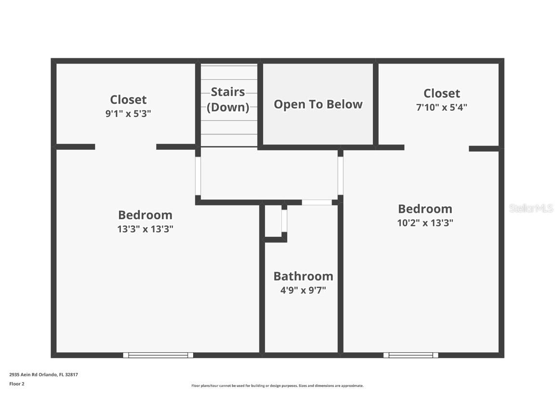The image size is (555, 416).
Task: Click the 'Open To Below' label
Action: click(318, 104)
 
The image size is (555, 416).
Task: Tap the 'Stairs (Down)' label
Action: click(228, 99)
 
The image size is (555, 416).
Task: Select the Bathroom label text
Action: click(304, 276)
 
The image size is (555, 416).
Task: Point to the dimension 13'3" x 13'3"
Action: click(145, 229)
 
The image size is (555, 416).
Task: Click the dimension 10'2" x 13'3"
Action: click(425, 222)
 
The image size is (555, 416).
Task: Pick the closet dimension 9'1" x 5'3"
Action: click(128, 114)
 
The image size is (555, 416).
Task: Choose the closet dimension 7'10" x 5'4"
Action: click(442, 107)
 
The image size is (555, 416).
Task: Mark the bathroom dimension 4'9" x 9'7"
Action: click(304, 290)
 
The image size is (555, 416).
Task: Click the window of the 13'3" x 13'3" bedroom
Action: click(158, 355)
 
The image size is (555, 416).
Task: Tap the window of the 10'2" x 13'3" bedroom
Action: click(411, 355)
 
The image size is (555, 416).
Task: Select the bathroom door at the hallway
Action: click(317, 202)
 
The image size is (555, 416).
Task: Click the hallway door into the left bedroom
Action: click(198, 176)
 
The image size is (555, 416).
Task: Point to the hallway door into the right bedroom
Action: click(340, 176)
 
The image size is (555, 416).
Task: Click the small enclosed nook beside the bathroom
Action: click(273, 221)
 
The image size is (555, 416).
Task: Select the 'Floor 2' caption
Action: click(17, 384)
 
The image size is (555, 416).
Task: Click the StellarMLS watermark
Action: click(530, 208)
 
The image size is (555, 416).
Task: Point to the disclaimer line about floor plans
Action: click(277, 386)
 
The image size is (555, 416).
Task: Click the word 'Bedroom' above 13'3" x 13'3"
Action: click(145, 215)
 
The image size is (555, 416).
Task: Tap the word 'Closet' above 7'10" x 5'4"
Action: click(442, 93)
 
